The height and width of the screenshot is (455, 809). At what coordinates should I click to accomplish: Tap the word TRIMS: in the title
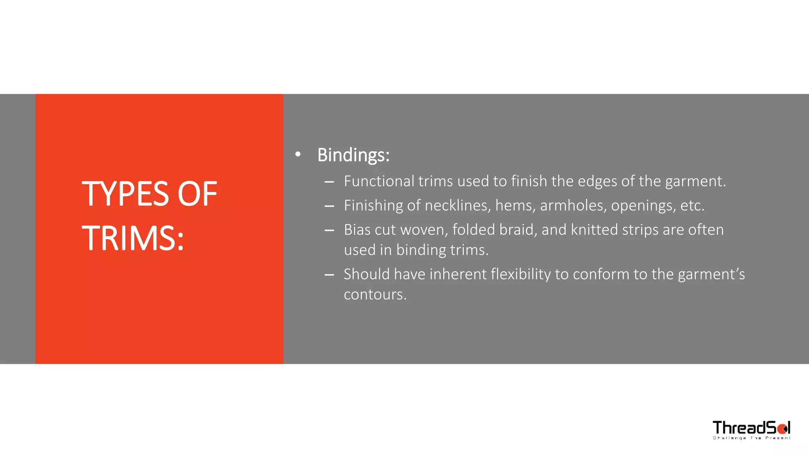tap(133, 238)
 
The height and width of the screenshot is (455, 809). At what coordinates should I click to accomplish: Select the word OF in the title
tap(197, 194)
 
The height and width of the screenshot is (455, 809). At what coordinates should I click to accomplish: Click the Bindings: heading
tap(353, 155)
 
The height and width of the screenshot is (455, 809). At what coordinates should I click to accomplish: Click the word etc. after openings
tap(692, 205)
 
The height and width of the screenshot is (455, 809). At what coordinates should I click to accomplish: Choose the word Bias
tap(357, 229)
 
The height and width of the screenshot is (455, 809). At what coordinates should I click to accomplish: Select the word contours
tap(375, 295)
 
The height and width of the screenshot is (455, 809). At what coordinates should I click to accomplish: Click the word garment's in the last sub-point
tap(711, 274)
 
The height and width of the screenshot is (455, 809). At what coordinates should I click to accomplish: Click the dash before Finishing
tap(329, 206)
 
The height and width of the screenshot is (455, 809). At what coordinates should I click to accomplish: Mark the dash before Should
tap(329, 275)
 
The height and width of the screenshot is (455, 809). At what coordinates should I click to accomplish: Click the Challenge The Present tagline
tap(751, 438)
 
